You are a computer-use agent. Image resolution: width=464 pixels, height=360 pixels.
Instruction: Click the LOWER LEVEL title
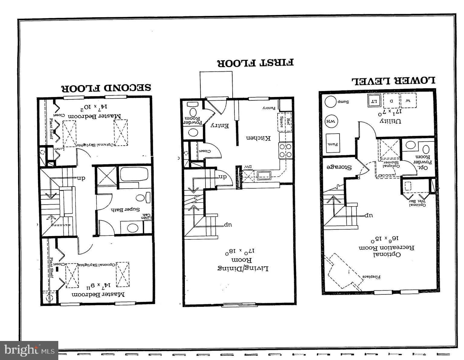(x=393, y=81)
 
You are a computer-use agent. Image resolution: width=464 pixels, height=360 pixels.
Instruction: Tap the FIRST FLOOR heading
(x=255, y=63)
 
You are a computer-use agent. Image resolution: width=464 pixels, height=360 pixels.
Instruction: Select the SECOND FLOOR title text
(x=106, y=88)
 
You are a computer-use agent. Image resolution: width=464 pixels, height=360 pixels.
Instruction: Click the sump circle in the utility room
(x=330, y=102)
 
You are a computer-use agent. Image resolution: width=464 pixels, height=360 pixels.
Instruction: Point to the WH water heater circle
(x=330, y=122)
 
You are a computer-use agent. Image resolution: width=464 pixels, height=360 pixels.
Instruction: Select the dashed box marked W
(x=408, y=101)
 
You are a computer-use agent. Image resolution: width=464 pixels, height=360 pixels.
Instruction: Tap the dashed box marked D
(x=391, y=101)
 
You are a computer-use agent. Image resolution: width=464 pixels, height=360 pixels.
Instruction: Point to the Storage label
(x=339, y=167)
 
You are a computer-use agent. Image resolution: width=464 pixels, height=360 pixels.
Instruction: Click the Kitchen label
(x=258, y=138)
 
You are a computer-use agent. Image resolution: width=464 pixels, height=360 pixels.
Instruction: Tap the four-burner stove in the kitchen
(x=285, y=150)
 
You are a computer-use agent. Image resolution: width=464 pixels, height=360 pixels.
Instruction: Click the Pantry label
(x=268, y=108)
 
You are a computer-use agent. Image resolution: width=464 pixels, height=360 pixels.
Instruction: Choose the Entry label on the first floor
(x=219, y=125)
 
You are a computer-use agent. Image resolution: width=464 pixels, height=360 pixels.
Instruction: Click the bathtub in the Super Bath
(x=134, y=174)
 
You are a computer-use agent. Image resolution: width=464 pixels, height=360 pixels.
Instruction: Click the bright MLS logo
(x=29, y=350)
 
